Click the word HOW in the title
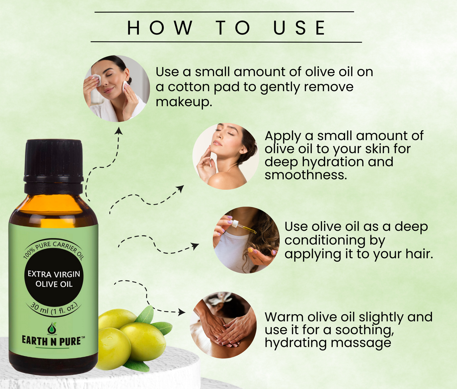pos(160,28)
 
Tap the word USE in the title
pos(299,28)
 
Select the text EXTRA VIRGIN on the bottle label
pos(54,274)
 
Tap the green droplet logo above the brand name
pos(52,328)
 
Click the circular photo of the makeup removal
pos(116,89)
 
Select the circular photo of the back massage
pos(223,325)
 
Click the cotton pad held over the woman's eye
pos(96,80)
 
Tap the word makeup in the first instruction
pos(184,102)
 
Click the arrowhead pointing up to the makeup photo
pos(119,131)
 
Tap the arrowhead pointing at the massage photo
pos(182,312)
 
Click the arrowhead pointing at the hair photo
pos(195,246)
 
